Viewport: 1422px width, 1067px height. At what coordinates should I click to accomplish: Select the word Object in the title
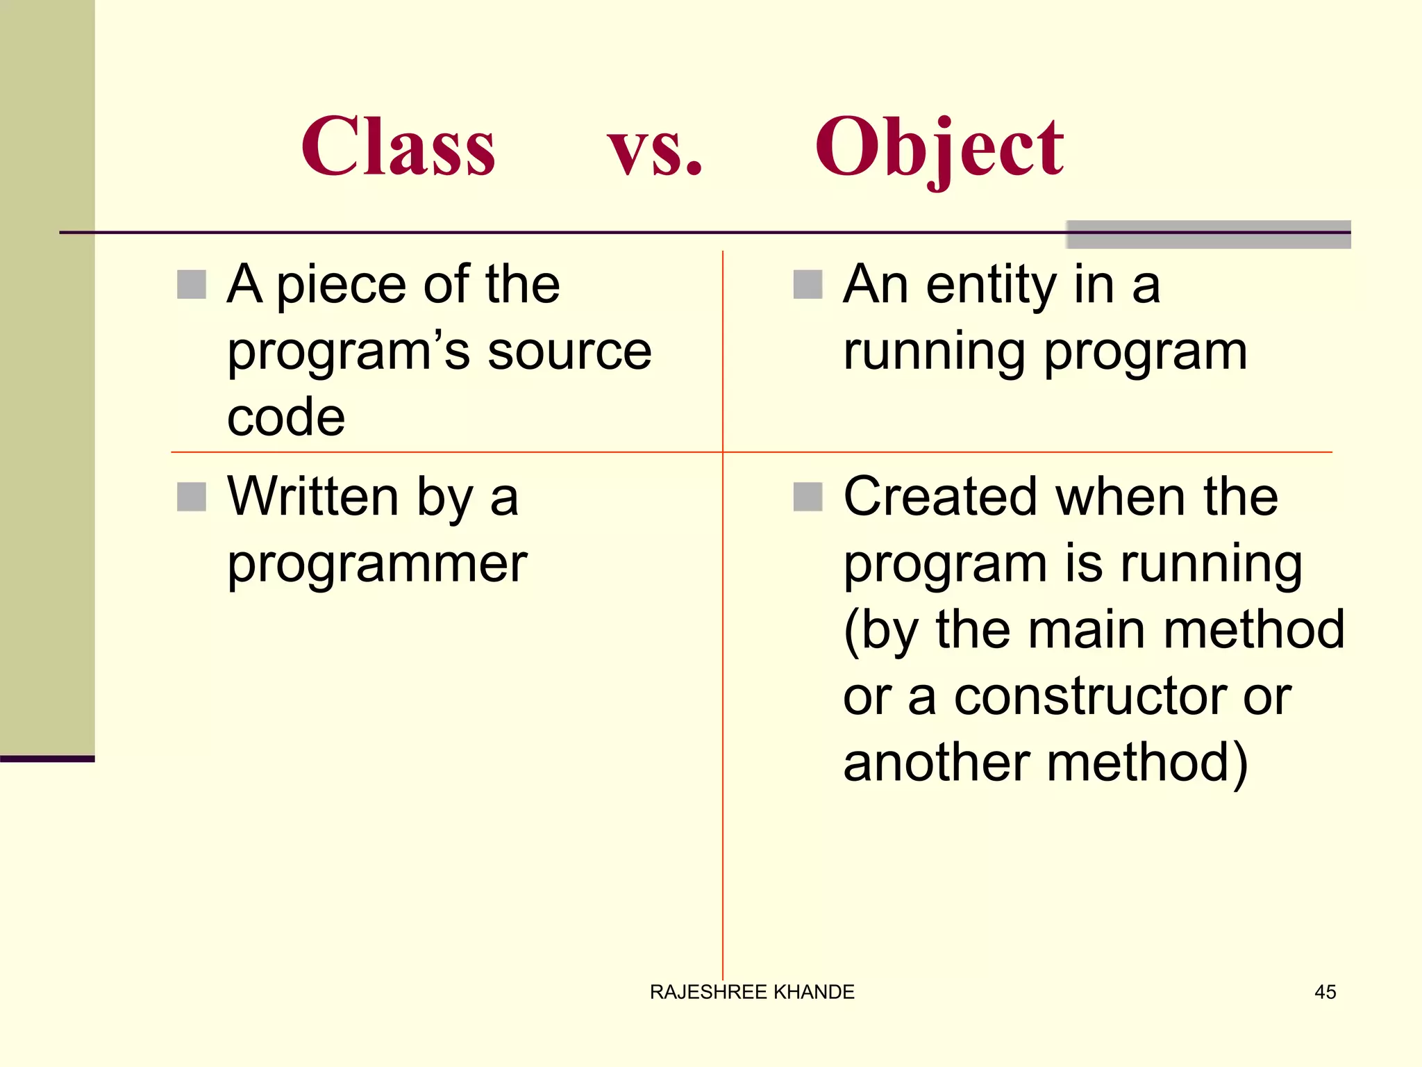tap(939, 147)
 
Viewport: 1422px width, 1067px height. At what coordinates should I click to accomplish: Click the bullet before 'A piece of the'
tap(192, 285)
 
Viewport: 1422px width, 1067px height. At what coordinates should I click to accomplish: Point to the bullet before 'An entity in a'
tap(808, 285)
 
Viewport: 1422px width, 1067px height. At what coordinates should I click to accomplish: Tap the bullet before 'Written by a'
tap(192, 497)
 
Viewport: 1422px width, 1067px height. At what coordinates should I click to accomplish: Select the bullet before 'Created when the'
tap(808, 497)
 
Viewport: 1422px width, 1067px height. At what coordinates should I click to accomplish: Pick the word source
tap(569, 351)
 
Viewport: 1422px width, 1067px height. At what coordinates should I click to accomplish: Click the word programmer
tap(377, 564)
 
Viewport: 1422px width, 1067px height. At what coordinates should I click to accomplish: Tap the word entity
tap(992, 285)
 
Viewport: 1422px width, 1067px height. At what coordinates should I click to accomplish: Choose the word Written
tap(313, 497)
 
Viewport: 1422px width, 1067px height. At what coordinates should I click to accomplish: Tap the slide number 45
tap(1325, 992)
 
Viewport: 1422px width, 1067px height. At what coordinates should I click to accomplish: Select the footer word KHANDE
tap(814, 992)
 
